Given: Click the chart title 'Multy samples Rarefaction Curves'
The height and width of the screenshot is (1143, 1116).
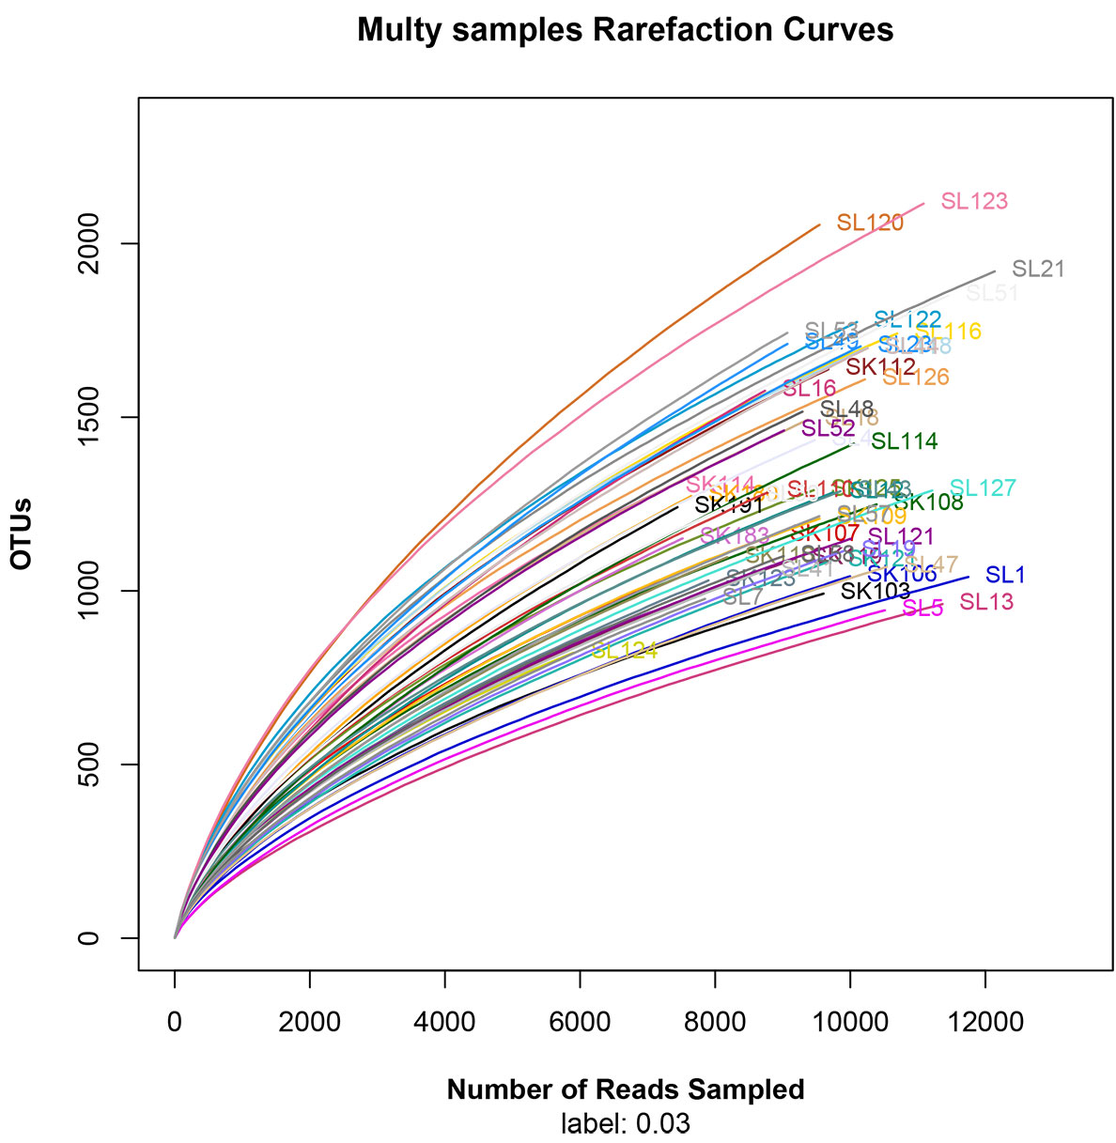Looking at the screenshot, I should (625, 30).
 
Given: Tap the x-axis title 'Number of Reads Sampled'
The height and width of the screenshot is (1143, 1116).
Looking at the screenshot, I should (626, 1089).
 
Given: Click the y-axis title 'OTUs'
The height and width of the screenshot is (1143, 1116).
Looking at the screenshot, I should (22, 534).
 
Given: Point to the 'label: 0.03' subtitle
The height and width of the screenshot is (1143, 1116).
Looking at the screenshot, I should (626, 1123).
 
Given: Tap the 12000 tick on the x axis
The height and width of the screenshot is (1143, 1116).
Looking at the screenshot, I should (984, 1021).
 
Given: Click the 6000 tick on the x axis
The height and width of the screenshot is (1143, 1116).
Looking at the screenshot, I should (580, 1021).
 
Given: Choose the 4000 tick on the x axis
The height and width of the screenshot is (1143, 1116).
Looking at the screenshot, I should (444, 1021).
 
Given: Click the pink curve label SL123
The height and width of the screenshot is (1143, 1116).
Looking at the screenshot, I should (974, 201).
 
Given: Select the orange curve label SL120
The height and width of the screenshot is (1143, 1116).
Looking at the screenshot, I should (870, 223).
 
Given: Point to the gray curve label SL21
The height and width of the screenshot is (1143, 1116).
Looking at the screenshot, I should (1039, 269).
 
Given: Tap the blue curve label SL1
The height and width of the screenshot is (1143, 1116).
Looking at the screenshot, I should (1005, 575).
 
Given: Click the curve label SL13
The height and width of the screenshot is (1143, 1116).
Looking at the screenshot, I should (986, 602).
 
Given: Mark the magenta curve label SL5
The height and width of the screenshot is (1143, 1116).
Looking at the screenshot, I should (922, 609).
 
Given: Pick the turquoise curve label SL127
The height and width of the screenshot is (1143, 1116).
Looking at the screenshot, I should (983, 488).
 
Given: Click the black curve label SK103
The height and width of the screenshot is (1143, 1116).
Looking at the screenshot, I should (875, 591).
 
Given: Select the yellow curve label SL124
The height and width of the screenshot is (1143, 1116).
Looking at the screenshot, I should (624, 650).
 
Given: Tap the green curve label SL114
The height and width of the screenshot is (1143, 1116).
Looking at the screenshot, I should (904, 440).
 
